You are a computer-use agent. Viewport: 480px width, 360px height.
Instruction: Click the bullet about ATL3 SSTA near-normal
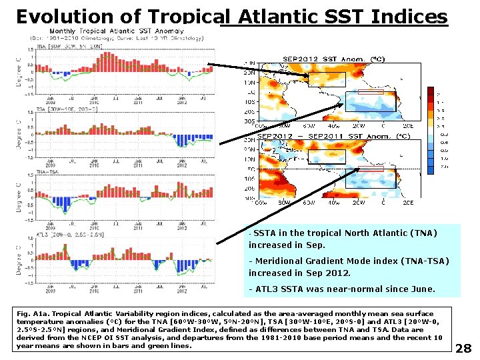[341, 289]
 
